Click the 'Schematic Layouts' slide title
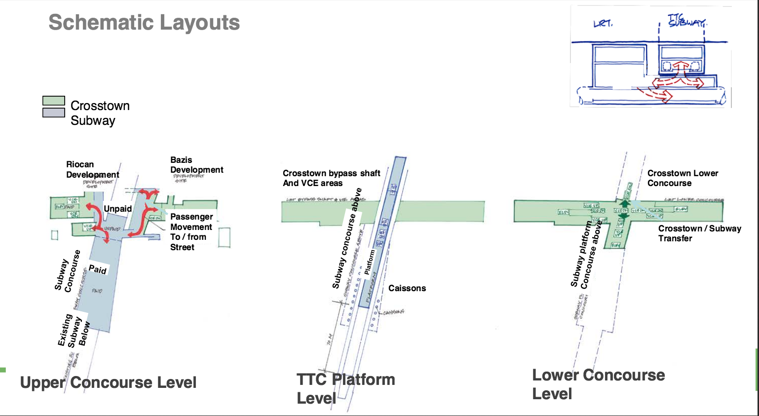click(x=144, y=23)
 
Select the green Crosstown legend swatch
click(x=54, y=101)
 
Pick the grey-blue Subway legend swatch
click(x=54, y=113)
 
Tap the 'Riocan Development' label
click(x=92, y=169)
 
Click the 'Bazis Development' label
click(x=196, y=165)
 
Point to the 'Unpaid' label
click(x=117, y=209)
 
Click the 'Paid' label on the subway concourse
click(x=97, y=269)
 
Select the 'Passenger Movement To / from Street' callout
click(x=191, y=232)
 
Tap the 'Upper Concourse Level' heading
click(x=108, y=382)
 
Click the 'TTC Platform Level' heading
click(x=345, y=388)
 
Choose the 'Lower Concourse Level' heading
click(x=598, y=384)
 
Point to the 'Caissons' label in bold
click(x=407, y=288)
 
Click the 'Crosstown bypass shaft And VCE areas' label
click(x=331, y=178)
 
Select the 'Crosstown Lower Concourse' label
click(x=683, y=178)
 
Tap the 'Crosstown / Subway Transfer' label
click(x=699, y=233)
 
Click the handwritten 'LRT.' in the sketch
click(x=603, y=23)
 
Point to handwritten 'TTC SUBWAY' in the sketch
click(x=686, y=21)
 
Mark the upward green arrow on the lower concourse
click(x=625, y=202)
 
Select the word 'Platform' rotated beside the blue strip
click(x=369, y=262)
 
